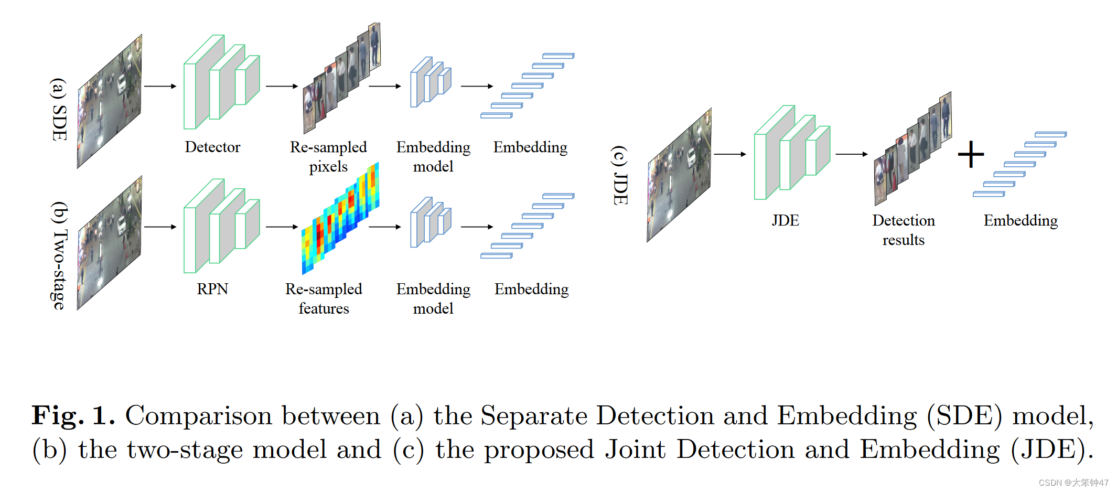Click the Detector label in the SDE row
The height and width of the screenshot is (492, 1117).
(x=212, y=147)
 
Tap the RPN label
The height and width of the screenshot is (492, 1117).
(x=212, y=289)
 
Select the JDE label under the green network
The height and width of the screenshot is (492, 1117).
(x=785, y=220)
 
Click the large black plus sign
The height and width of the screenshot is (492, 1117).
(x=971, y=154)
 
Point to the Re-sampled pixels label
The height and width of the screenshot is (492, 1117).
(x=328, y=156)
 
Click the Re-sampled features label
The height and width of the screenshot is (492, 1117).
(x=324, y=298)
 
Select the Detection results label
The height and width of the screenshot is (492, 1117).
(x=903, y=230)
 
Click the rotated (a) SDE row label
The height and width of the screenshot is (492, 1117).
(x=59, y=109)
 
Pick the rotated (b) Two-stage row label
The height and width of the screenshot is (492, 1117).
(x=59, y=255)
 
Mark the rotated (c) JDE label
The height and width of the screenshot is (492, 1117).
(x=620, y=175)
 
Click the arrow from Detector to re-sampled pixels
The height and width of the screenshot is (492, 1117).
(x=282, y=86)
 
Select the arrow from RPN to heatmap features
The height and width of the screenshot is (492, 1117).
(x=282, y=227)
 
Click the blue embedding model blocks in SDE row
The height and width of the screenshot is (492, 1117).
(x=431, y=82)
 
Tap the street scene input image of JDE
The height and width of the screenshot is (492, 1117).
(x=679, y=176)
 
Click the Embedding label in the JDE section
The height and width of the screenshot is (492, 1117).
(x=1021, y=220)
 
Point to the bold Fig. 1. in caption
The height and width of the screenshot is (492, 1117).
(x=73, y=415)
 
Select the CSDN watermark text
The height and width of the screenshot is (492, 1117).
(x=1073, y=483)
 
